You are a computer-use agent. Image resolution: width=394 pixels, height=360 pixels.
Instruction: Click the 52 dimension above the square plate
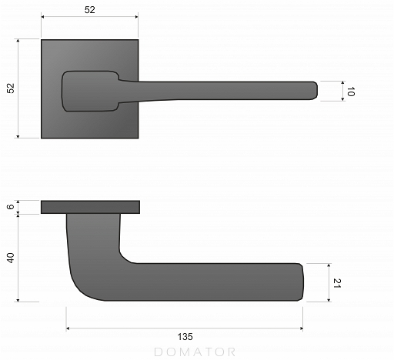coord(89,10)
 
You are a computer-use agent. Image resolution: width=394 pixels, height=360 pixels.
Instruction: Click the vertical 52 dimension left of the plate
coord(11,88)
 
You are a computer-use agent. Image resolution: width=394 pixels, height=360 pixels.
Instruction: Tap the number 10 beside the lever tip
coord(351,92)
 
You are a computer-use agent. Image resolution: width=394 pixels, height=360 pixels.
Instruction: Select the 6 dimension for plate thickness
coord(10,207)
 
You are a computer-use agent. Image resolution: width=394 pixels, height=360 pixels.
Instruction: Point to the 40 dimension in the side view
coord(11,258)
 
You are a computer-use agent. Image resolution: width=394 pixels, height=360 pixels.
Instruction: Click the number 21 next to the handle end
coord(337,283)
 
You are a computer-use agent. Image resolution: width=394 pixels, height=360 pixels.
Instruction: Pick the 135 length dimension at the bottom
coord(185,337)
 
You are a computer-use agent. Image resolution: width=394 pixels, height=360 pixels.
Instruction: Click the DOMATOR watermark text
coord(195,352)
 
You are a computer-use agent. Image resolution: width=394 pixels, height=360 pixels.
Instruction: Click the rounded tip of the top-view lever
coord(314,90)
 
